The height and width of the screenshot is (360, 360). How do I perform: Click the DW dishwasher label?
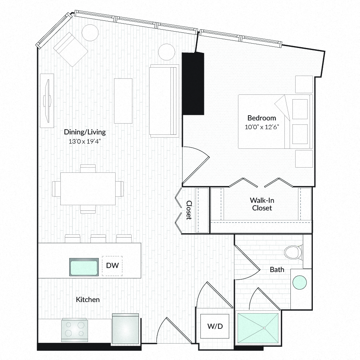click(x=112, y=266)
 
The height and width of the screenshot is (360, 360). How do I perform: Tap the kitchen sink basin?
click(x=84, y=267)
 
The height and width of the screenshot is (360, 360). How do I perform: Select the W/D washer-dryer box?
click(x=215, y=326)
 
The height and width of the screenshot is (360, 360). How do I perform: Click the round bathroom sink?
click(x=300, y=283)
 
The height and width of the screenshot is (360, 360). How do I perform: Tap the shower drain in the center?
click(x=264, y=328)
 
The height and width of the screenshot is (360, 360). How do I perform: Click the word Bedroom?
click(x=262, y=118)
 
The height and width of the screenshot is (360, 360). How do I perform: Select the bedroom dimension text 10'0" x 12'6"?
click(x=262, y=127)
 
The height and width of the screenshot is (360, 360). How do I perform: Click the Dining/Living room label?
click(x=85, y=132)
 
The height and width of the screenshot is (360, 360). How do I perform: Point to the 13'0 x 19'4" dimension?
click(x=85, y=141)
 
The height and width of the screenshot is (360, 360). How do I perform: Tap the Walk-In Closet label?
click(x=262, y=204)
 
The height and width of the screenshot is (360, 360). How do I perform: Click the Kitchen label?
click(x=88, y=300)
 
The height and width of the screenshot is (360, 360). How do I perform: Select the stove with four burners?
click(x=74, y=330)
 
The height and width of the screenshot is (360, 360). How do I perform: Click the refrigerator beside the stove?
click(x=125, y=328)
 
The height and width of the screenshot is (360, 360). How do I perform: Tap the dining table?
click(x=88, y=189)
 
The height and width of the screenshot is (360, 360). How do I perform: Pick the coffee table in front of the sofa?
click(x=123, y=101)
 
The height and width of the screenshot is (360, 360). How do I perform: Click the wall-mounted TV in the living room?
click(x=48, y=100)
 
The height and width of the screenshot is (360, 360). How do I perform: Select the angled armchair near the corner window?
click(x=70, y=49)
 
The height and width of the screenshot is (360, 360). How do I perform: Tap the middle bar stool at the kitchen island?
click(x=98, y=238)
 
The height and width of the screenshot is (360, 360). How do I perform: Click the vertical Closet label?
click(x=189, y=210)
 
